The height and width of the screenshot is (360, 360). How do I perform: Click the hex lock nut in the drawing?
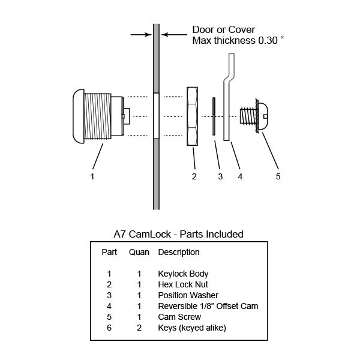click(194, 116)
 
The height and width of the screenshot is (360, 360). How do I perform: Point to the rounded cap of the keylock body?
click(78, 116)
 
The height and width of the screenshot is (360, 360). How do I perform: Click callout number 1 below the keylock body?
click(92, 176)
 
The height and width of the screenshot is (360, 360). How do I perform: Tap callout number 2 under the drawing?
click(194, 176)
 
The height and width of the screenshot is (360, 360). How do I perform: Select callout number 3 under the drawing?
click(220, 176)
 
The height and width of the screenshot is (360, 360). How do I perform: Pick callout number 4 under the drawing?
click(239, 176)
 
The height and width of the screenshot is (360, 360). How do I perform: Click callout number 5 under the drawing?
click(278, 176)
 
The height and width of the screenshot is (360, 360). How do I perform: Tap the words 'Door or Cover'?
click(224, 30)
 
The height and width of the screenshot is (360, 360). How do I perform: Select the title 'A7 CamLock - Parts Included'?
click(178, 234)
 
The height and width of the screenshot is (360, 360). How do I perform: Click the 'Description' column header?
click(179, 252)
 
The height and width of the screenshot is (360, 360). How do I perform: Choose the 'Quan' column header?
click(139, 252)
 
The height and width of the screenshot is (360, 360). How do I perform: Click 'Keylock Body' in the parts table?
click(183, 274)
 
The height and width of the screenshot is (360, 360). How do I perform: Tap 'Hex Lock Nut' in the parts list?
click(182, 284)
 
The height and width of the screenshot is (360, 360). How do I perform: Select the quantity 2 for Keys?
click(139, 328)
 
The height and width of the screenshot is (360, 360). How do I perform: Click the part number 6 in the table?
click(109, 328)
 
